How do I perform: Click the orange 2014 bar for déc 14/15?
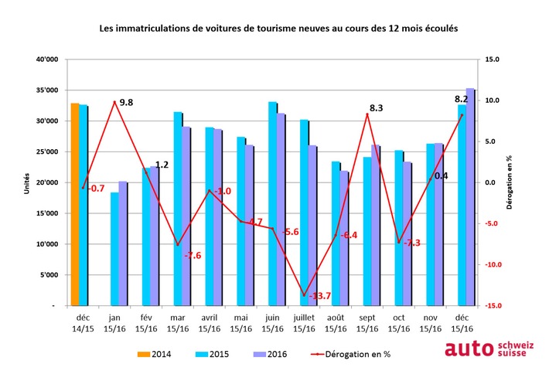coord(74,205)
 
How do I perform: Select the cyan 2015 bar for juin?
coord(273,204)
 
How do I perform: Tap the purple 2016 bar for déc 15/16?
coord(469,198)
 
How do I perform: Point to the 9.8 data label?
coord(126,102)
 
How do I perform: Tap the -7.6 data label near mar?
coord(192,255)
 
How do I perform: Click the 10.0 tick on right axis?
coord(492,100)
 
